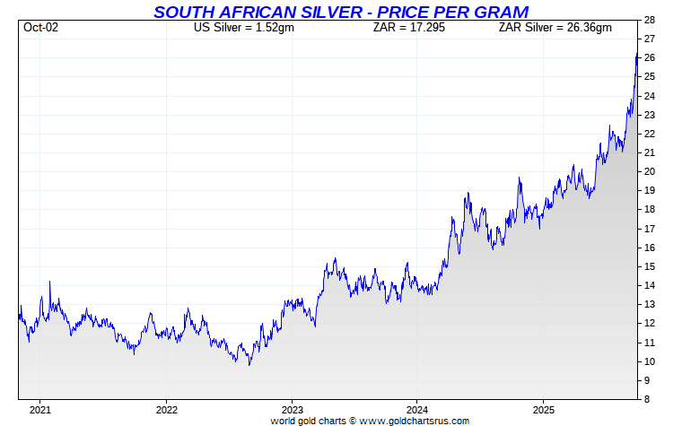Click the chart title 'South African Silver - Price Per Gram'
pyautogui.click(x=341, y=12)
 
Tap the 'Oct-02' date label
pyautogui.click(x=40, y=27)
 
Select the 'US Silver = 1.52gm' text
pyautogui.click(x=244, y=27)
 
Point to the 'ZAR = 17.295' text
pyautogui.click(x=409, y=27)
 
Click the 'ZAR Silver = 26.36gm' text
pyautogui.click(x=555, y=27)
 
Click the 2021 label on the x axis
pyautogui.click(x=40, y=411)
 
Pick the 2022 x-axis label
pyautogui.click(x=166, y=411)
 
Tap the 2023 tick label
pyautogui.click(x=292, y=411)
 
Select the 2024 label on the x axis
pyautogui.click(x=417, y=411)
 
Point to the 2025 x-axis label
pyautogui.click(x=543, y=411)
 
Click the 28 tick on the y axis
pyautogui.click(x=649, y=20)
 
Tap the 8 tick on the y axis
pyautogui.click(x=646, y=399)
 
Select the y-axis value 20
pyautogui.click(x=649, y=171)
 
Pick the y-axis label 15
pyautogui.click(x=649, y=266)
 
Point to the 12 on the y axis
pyautogui.click(x=649, y=323)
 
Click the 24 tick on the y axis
pyautogui.click(x=649, y=96)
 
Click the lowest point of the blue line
pyautogui.click(x=249, y=364)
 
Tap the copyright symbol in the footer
pyautogui.click(x=353, y=420)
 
